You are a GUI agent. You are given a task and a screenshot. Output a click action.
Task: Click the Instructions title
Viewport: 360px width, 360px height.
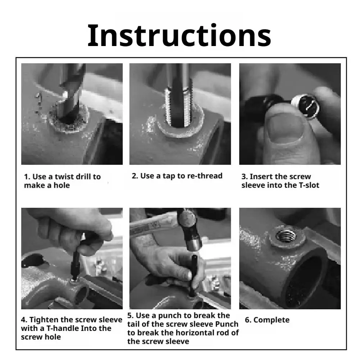click(x=179, y=36)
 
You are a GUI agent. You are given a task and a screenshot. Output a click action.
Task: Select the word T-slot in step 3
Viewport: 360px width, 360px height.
click(x=309, y=185)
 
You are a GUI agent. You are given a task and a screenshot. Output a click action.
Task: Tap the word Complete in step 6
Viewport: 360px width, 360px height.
click(x=272, y=320)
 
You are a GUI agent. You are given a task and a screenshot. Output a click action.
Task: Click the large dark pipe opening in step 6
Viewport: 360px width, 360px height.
click(x=303, y=282)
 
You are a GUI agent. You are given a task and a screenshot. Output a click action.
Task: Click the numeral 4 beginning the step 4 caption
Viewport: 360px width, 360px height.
click(x=24, y=320)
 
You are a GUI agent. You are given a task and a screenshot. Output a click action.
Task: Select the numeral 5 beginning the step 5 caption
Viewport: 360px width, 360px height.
click(x=130, y=315)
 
